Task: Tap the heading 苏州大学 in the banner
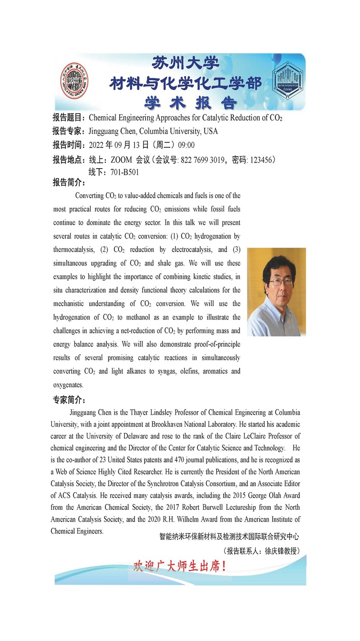(x=186, y=63)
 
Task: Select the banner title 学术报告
(x=190, y=103)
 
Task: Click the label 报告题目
(x=69, y=118)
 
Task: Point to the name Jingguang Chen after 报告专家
(x=113, y=132)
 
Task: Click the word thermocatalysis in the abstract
(x=73, y=250)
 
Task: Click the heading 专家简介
(x=69, y=400)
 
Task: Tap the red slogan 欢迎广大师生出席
(x=179, y=566)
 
